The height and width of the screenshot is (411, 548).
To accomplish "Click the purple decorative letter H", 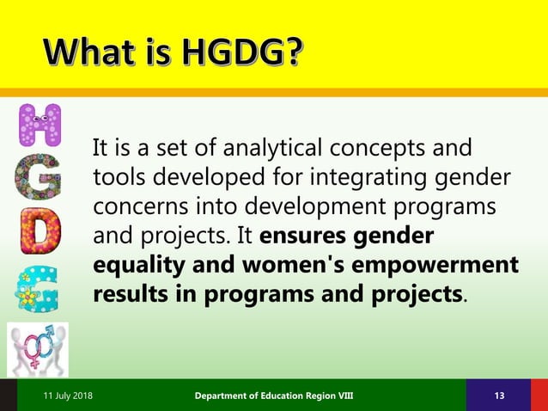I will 40,126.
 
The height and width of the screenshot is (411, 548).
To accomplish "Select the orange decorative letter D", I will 40,231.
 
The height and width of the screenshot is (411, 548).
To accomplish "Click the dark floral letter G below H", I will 40,177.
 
